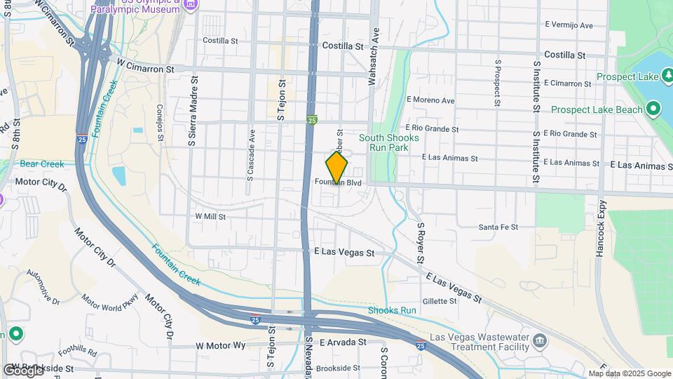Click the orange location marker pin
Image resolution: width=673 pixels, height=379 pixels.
pos(336,167)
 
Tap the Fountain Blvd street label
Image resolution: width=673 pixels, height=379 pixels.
pos(338,182)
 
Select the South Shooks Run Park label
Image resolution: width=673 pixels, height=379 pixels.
pos(389,143)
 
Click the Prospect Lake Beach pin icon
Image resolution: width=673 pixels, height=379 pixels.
pos(653,109)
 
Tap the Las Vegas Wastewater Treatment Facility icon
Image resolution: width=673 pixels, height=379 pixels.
pos(539,341)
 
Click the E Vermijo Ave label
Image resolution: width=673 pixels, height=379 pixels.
pos(569,25)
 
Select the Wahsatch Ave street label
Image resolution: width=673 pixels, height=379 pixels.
pos(374,57)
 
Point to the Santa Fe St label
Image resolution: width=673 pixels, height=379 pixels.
pos(498,227)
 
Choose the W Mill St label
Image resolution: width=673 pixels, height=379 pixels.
pos(210,217)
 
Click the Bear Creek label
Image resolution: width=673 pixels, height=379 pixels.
pos(42,164)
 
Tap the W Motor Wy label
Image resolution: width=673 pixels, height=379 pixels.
pos(221,345)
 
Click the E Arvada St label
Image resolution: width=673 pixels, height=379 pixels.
pos(343,343)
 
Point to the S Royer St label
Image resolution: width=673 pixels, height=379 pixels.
pos(421,244)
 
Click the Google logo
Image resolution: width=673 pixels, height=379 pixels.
pos(22,370)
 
